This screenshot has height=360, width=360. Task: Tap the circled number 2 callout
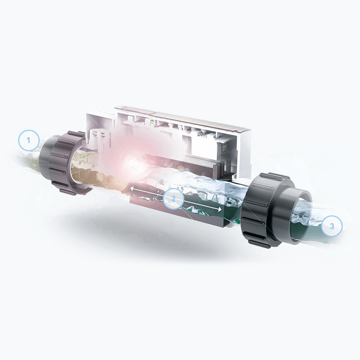[174, 198]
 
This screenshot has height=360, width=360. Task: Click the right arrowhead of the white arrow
[220, 209]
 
